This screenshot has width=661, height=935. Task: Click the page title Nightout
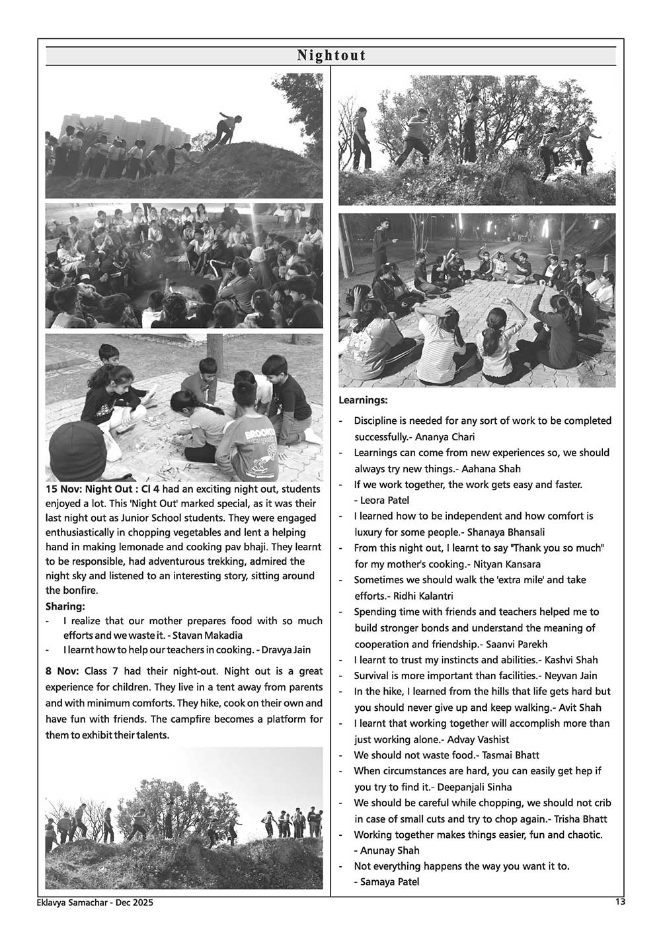(x=330, y=56)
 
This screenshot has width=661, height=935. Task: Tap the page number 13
(x=619, y=901)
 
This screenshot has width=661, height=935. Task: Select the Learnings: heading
(x=363, y=400)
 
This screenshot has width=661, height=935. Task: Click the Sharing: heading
(x=65, y=606)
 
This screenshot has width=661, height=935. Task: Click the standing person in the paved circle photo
(x=381, y=252)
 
